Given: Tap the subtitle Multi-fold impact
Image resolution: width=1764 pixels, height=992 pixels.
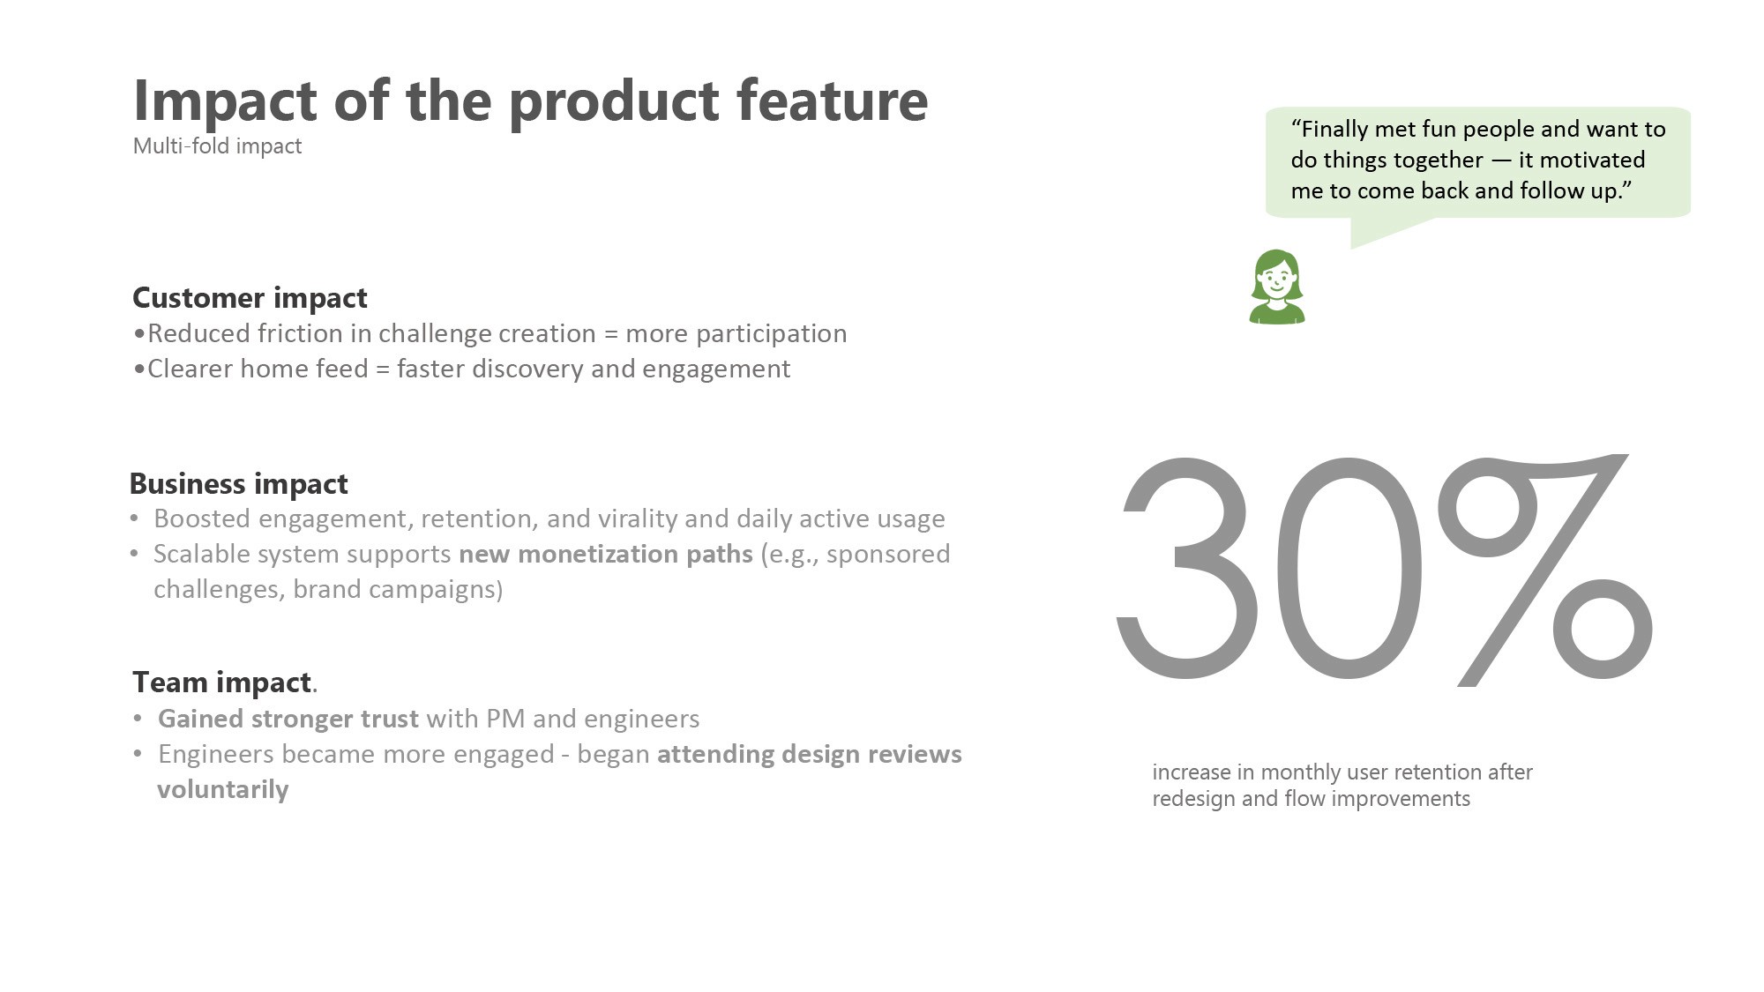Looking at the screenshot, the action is click(x=217, y=145).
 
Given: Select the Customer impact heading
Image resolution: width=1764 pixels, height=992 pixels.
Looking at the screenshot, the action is click(x=250, y=298).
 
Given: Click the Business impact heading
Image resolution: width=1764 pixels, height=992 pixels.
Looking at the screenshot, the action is click(x=238, y=484).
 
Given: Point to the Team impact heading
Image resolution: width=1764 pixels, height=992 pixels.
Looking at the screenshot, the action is click(x=221, y=682).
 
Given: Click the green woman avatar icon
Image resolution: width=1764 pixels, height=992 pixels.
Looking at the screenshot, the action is click(x=1276, y=287).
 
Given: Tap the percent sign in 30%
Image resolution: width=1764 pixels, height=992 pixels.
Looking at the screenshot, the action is click(x=1545, y=570).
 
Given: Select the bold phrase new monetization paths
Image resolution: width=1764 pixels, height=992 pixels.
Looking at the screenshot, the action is click(x=606, y=554).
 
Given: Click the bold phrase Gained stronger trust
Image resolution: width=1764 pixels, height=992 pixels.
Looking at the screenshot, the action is click(x=288, y=719).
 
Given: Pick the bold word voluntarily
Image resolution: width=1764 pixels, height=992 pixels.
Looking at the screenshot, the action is click(x=223, y=789).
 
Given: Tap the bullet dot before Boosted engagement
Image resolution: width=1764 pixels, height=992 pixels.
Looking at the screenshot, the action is click(x=134, y=518).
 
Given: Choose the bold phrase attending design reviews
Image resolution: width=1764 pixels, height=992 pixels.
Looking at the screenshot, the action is click(x=810, y=755).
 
